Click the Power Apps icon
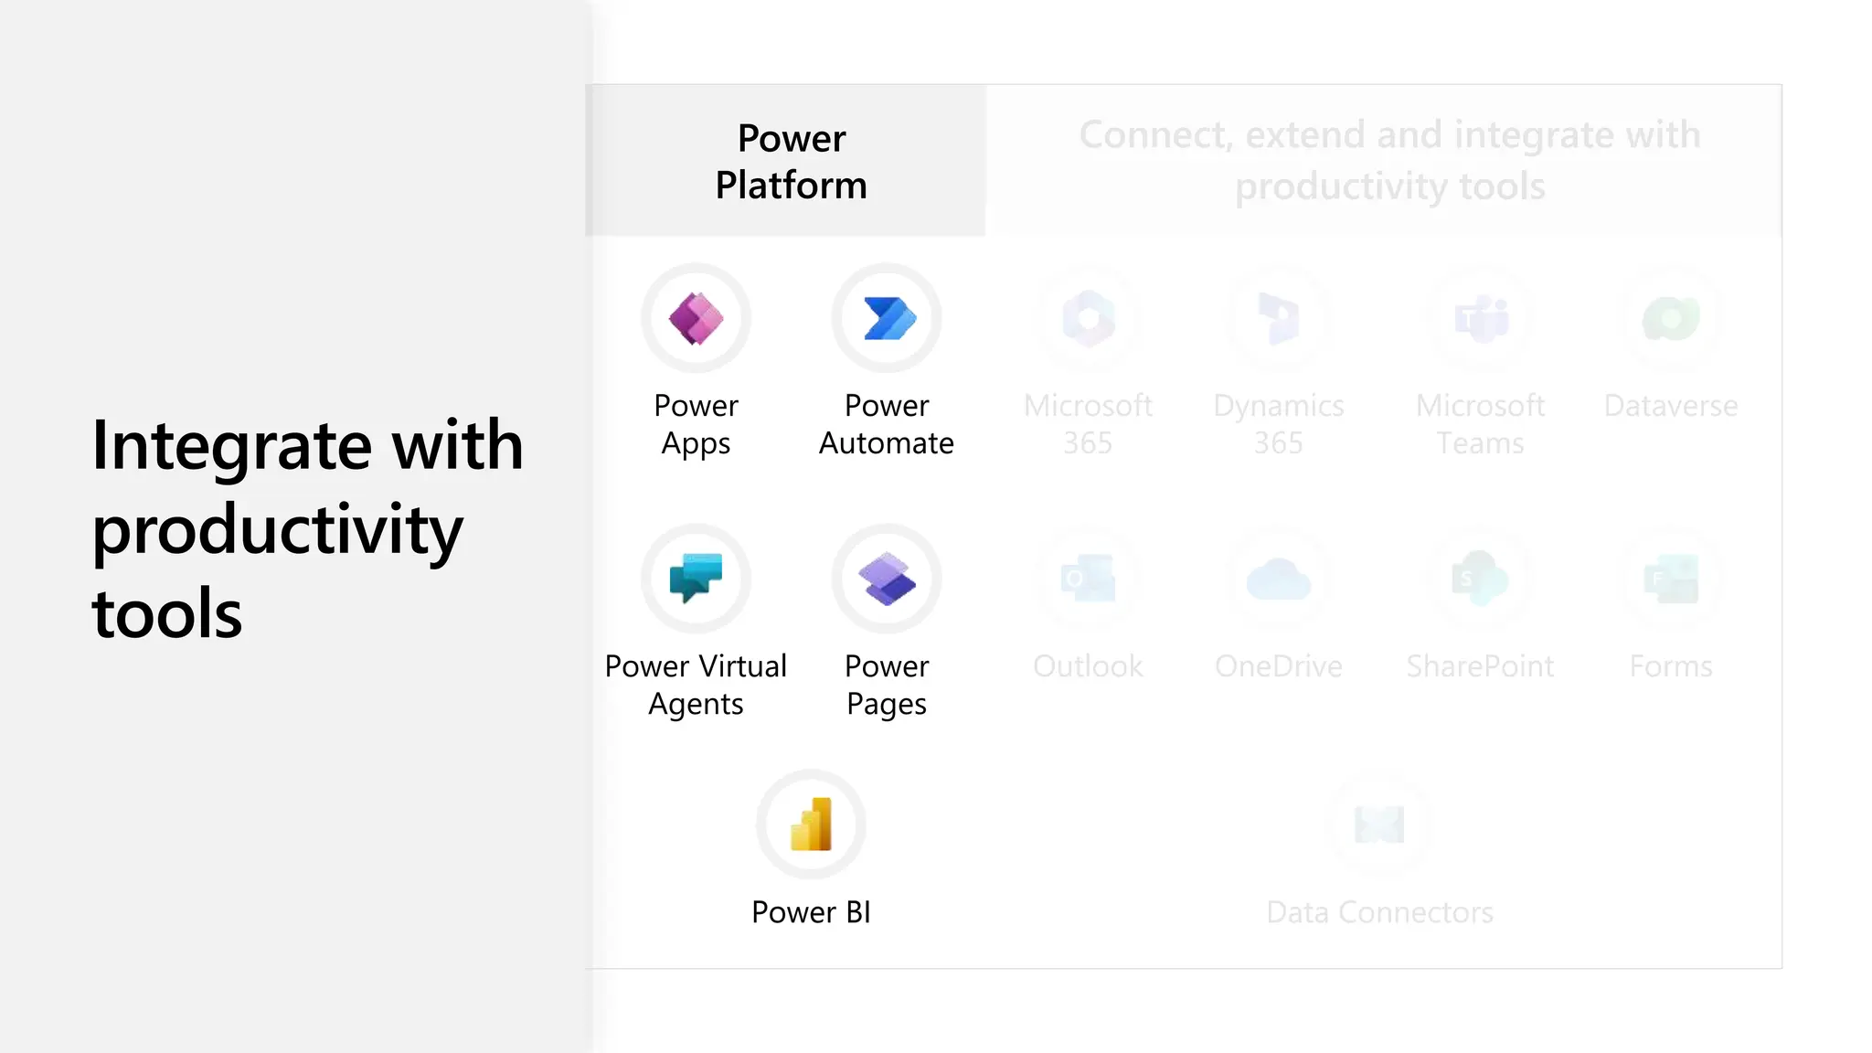(696, 318)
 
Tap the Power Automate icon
(887, 318)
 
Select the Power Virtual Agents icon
(696, 579)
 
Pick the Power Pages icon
(887, 579)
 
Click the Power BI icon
(811, 824)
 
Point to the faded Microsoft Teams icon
(1481, 318)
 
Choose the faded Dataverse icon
(1671, 318)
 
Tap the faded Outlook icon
(1088, 579)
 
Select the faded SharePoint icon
(1481, 579)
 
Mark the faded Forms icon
(1671, 579)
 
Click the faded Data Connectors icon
(1379, 824)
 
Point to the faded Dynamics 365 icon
(1279, 318)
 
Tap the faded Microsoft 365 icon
(1088, 318)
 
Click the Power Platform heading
(792, 162)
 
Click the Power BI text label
(811, 912)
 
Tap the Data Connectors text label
(1379, 912)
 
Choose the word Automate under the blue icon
(887, 443)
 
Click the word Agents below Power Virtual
(696, 704)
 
